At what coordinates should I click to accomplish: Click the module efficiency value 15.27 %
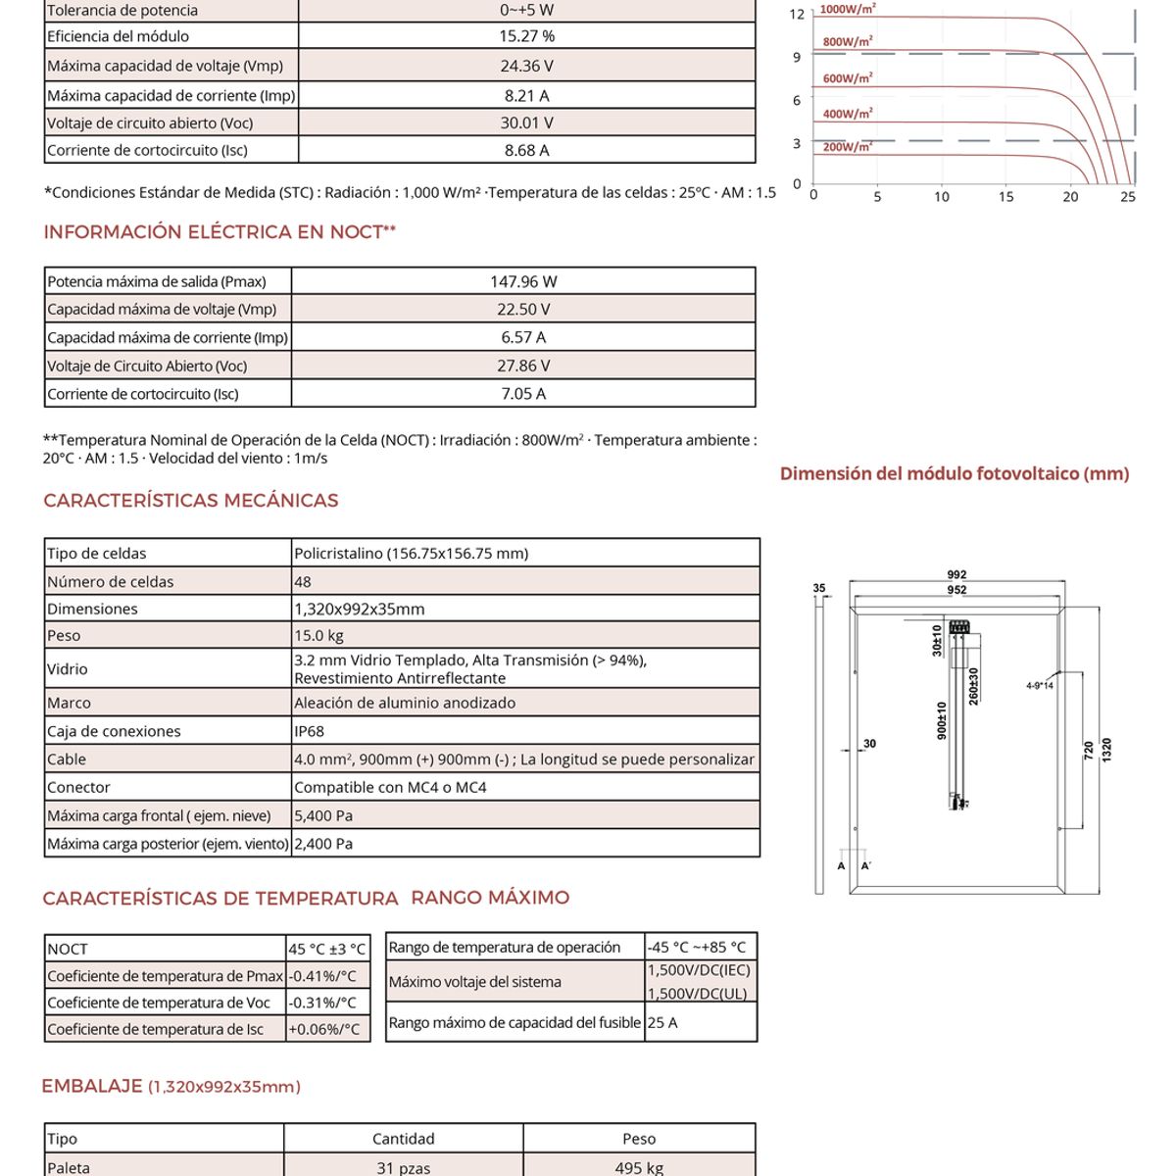click(x=526, y=36)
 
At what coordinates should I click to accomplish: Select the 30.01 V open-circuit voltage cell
click(x=526, y=123)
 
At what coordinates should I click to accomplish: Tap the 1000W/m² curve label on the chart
click(x=848, y=9)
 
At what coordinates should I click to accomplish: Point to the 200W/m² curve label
click(x=847, y=147)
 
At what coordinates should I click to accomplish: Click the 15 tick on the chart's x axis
click(x=1005, y=197)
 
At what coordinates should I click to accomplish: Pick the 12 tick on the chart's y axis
click(x=797, y=15)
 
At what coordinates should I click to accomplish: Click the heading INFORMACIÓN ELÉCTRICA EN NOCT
click(x=220, y=232)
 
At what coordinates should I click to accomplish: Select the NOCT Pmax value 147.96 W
click(x=523, y=282)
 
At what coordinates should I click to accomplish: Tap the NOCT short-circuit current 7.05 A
click(x=523, y=394)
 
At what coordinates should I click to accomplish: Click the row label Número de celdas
click(x=111, y=582)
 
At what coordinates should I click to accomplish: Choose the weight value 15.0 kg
click(x=318, y=636)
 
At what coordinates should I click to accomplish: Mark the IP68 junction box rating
click(x=309, y=732)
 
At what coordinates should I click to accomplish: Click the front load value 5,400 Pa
click(x=323, y=816)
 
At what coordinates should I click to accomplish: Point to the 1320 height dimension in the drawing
click(x=1106, y=751)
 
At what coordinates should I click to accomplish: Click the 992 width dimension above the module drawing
click(x=956, y=575)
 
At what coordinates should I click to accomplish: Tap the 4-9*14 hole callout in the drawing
click(x=1039, y=686)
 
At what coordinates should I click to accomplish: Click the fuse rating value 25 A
click(x=662, y=1023)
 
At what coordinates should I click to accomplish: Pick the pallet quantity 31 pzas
click(x=403, y=1168)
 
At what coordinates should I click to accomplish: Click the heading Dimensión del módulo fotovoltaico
click(x=955, y=474)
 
